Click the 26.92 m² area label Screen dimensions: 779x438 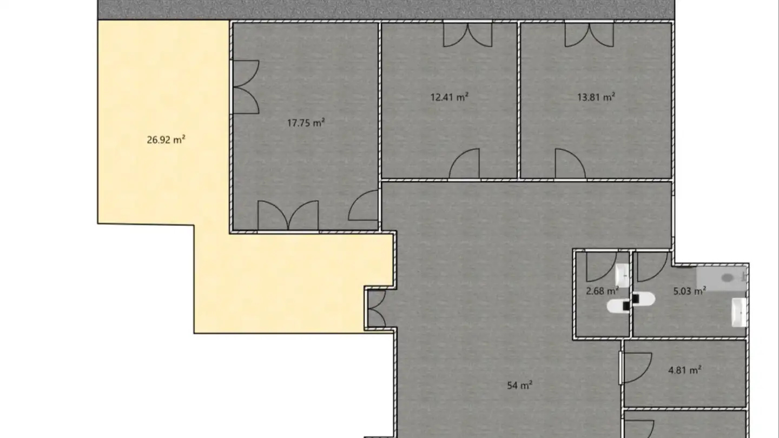point(166,140)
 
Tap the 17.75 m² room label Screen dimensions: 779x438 point(306,123)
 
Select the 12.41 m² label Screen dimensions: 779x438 point(450,97)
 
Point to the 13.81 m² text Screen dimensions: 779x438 point(596,97)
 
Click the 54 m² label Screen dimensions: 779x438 point(519,385)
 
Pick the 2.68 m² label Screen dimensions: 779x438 point(602,290)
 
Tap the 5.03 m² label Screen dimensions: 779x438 point(690,290)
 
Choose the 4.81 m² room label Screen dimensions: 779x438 point(684,370)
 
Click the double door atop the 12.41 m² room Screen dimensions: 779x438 point(468,35)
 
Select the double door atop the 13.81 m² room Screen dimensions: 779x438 point(589,35)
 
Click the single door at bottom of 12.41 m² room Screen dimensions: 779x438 point(464,163)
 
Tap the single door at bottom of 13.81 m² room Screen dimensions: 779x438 point(570,163)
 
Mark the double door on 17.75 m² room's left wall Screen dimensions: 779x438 point(246,87)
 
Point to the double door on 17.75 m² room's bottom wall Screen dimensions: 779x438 point(288,215)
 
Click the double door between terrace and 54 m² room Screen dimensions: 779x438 point(377,309)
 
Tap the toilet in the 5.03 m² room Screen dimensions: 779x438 point(644,299)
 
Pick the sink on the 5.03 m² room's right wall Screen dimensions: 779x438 point(739,312)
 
